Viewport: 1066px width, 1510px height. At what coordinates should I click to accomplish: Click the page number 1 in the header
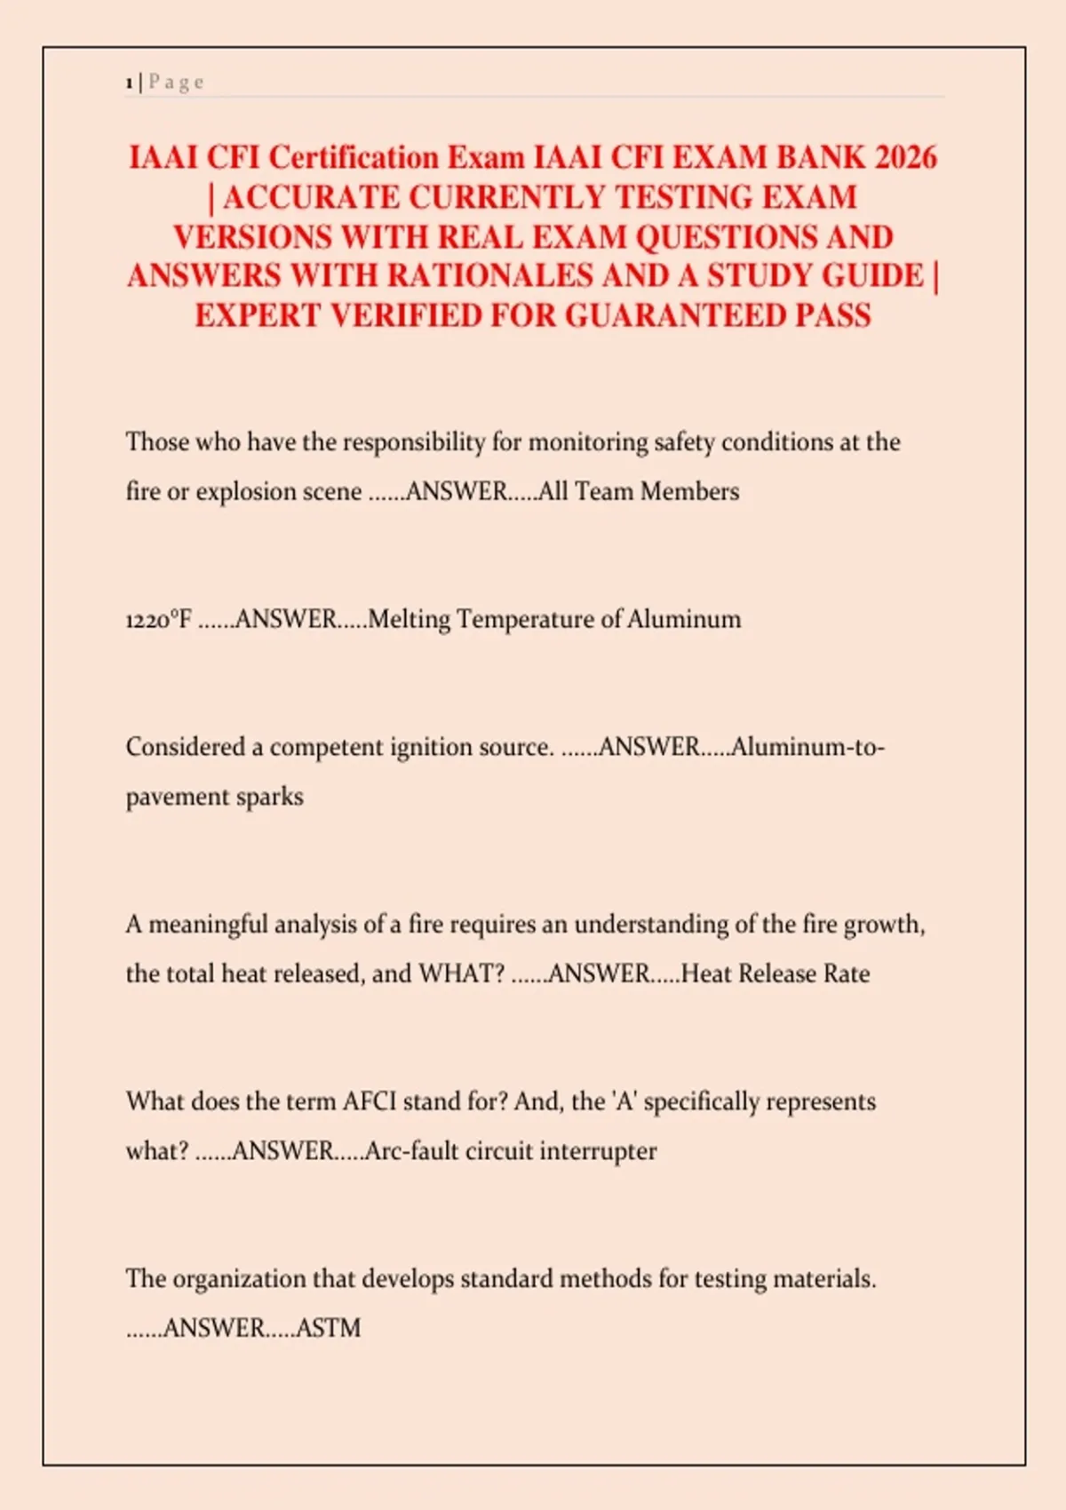130,83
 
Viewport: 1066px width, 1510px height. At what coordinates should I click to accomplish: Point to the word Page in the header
176,83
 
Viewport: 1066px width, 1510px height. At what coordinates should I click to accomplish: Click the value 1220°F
158,619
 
